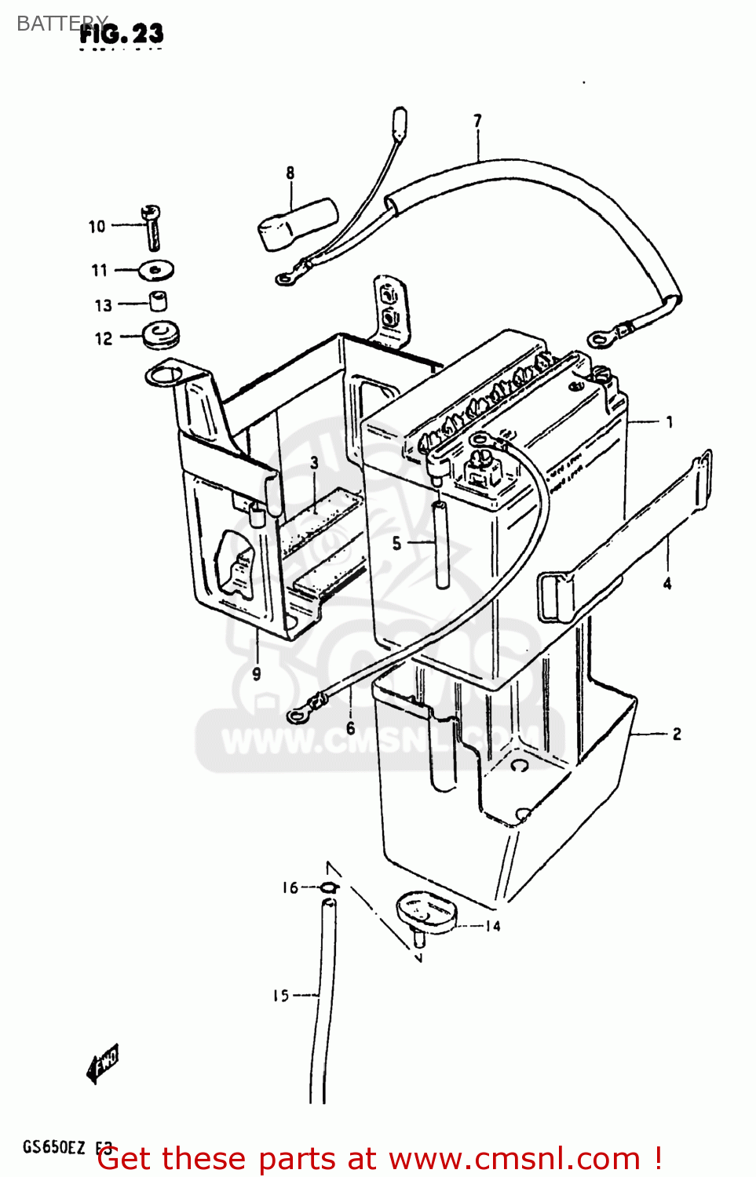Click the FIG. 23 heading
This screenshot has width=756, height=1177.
click(x=122, y=34)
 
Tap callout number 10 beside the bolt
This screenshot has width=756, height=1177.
click(x=97, y=227)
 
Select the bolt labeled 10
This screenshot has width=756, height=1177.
click(x=152, y=227)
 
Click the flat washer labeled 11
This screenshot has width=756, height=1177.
click(x=156, y=271)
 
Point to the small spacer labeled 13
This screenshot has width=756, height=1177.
click(x=159, y=301)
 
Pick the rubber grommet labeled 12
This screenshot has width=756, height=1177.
click(x=162, y=335)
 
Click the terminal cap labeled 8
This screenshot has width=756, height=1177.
click(x=298, y=224)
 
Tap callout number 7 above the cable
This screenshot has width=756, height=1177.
click(x=477, y=121)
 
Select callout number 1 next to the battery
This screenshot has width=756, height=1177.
click(x=669, y=422)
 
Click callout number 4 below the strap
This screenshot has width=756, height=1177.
click(x=667, y=583)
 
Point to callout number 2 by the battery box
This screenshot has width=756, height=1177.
click(x=676, y=734)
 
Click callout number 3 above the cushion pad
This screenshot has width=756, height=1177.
click(x=314, y=463)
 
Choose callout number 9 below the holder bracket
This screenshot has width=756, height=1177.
click(x=257, y=673)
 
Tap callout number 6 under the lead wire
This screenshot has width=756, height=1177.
click(x=350, y=728)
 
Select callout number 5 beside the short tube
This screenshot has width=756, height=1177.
click(x=396, y=543)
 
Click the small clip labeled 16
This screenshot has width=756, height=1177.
click(x=329, y=887)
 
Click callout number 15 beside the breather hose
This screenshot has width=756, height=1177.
click(x=280, y=995)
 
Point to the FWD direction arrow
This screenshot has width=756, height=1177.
click(x=103, y=1063)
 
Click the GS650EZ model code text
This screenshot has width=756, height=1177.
click(x=53, y=1147)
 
